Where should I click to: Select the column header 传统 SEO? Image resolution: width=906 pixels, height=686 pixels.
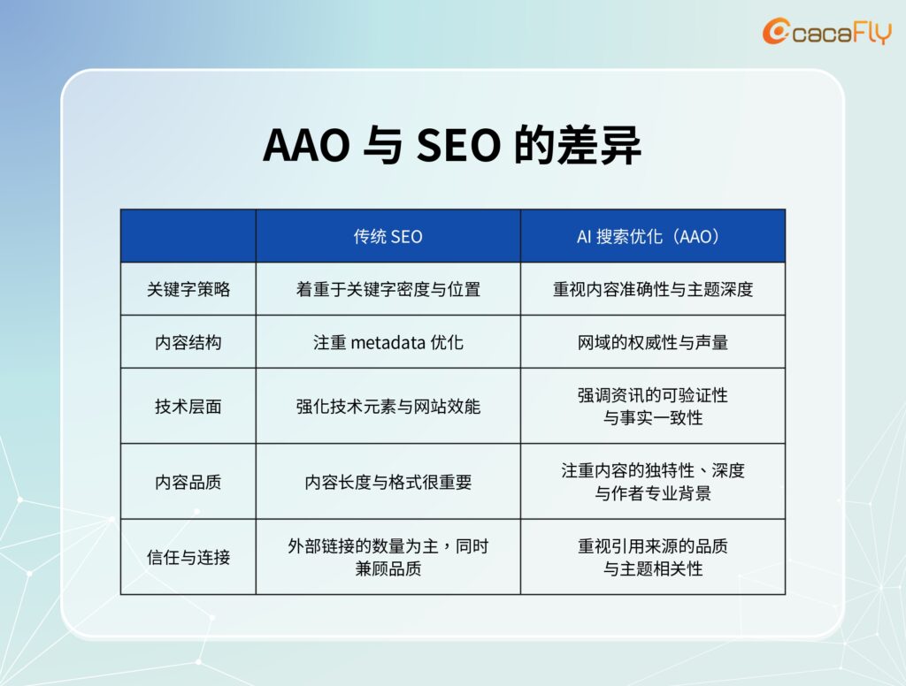(388, 236)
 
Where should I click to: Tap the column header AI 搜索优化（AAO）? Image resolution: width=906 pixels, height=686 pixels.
(652, 236)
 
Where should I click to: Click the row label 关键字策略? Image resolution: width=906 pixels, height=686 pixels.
(188, 289)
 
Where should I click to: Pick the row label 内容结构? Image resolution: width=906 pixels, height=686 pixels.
(188, 342)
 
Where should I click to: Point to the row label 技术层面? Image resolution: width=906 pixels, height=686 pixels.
(188, 406)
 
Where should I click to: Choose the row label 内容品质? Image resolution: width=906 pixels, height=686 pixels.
(188, 482)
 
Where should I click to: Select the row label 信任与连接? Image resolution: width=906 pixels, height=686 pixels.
(188, 557)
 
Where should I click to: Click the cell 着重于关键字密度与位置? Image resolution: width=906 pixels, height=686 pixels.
(388, 289)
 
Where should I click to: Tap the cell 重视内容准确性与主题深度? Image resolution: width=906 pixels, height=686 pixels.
(652, 289)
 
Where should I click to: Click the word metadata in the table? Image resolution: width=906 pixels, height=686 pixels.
(388, 342)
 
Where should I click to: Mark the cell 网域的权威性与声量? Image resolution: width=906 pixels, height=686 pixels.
(652, 342)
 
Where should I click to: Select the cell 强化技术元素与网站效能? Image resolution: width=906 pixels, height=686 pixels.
(388, 406)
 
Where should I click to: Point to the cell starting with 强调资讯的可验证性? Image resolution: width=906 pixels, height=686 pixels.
(652, 406)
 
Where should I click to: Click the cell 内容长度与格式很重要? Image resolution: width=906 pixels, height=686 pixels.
(388, 482)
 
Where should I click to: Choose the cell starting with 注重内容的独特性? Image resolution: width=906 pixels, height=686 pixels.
(652, 482)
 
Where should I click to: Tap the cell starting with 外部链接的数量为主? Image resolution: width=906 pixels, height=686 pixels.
(388, 557)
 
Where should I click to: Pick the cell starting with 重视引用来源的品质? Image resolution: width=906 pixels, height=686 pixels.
(652, 557)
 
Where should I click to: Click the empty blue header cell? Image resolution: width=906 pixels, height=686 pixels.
(188, 236)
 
